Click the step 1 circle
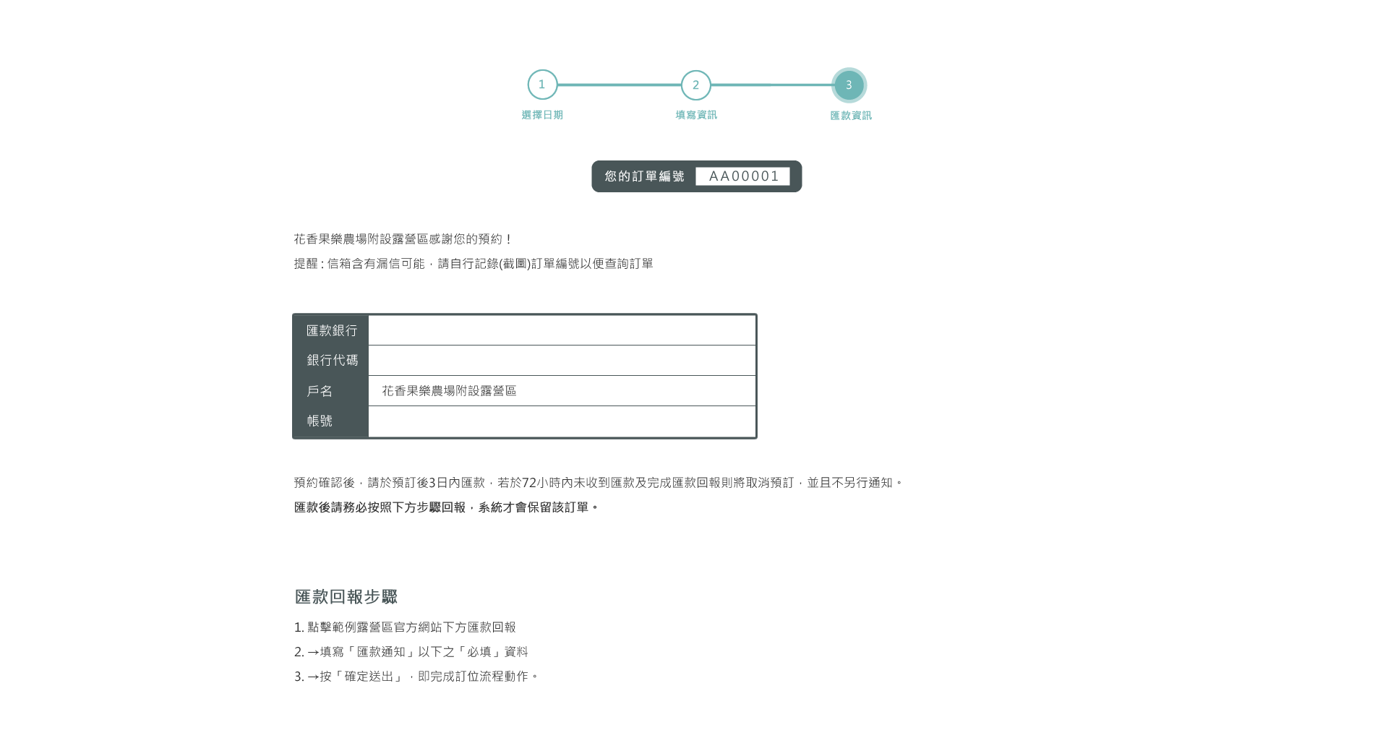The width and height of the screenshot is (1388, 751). [x=542, y=85]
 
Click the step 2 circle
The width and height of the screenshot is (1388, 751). [x=696, y=85]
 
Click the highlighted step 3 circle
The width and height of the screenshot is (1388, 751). [x=849, y=85]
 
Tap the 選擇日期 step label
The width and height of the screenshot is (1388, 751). [x=542, y=115]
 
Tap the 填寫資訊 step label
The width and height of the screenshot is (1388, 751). [x=696, y=115]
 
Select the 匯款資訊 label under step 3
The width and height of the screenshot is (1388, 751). [x=851, y=116]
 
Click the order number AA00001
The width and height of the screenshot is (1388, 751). [x=744, y=176]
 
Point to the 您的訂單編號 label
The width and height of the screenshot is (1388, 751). [x=644, y=176]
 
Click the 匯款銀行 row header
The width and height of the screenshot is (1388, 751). [x=332, y=330]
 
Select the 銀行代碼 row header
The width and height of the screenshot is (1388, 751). [x=332, y=360]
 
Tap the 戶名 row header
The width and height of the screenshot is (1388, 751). [x=320, y=391]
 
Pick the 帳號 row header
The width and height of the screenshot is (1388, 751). [x=320, y=421]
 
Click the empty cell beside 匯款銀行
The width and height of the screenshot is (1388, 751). [x=562, y=330]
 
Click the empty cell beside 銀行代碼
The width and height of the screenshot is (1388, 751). [x=562, y=361]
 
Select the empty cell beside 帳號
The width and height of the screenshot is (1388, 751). [x=562, y=421]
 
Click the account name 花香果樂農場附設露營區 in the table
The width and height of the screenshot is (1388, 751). [x=449, y=391]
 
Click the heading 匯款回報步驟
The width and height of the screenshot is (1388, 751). [x=346, y=597]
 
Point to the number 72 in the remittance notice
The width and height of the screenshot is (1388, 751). [x=529, y=483]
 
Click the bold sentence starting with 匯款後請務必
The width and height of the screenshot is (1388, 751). [x=446, y=507]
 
